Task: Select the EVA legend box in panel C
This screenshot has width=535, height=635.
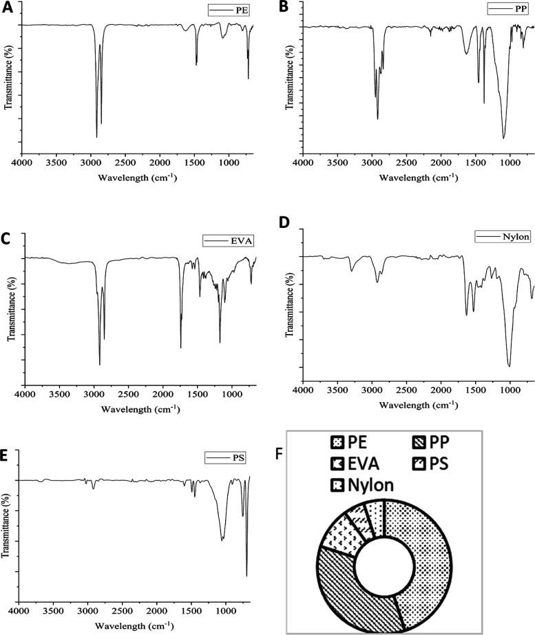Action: coord(226,240)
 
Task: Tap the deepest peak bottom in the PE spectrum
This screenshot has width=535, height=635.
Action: coord(96,137)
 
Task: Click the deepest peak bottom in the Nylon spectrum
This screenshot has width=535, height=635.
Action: coord(509,366)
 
